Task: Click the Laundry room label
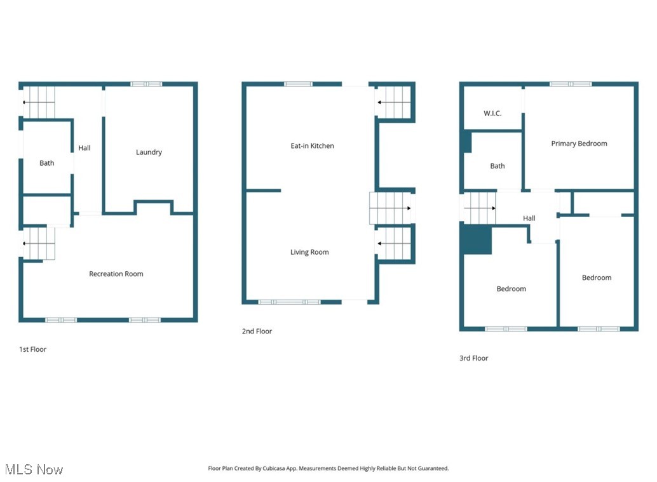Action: pyautogui.click(x=149, y=152)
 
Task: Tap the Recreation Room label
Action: pyautogui.click(x=116, y=274)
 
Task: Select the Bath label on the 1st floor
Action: pyautogui.click(x=47, y=163)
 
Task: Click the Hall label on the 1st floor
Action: pyautogui.click(x=85, y=148)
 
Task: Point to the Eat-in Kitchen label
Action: pyautogui.click(x=312, y=146)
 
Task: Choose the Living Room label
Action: pyautogui.click(x=309, y=252)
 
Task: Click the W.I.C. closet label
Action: pyautogui.click(x=492, y=114)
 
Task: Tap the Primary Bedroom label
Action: pyautogui.click(x=579, y=144)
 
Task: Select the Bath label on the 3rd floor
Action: pyautogui.click(x=498, y=166)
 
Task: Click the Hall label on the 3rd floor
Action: pyautogui.click(x=529, y=218)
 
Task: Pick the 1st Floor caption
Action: pyautogui.click(x=32, y=349)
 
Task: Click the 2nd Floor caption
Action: pyautogui.click(x=257, y=331)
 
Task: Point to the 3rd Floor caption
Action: pyautogui.click(x=474, y=358)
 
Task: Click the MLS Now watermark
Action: pyautogui.click(x=34, y=470)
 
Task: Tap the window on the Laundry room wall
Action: pyautogui.click(x=146, y=84)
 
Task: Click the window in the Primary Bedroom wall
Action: pyautogui.click(x=570, y=84)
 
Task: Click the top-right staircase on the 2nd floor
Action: pyautogui.click(x=395, y=102)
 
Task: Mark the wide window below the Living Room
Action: pyautogui.click(x=289, y=302)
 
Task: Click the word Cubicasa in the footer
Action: pyautogui.click(x=271, y=469)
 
